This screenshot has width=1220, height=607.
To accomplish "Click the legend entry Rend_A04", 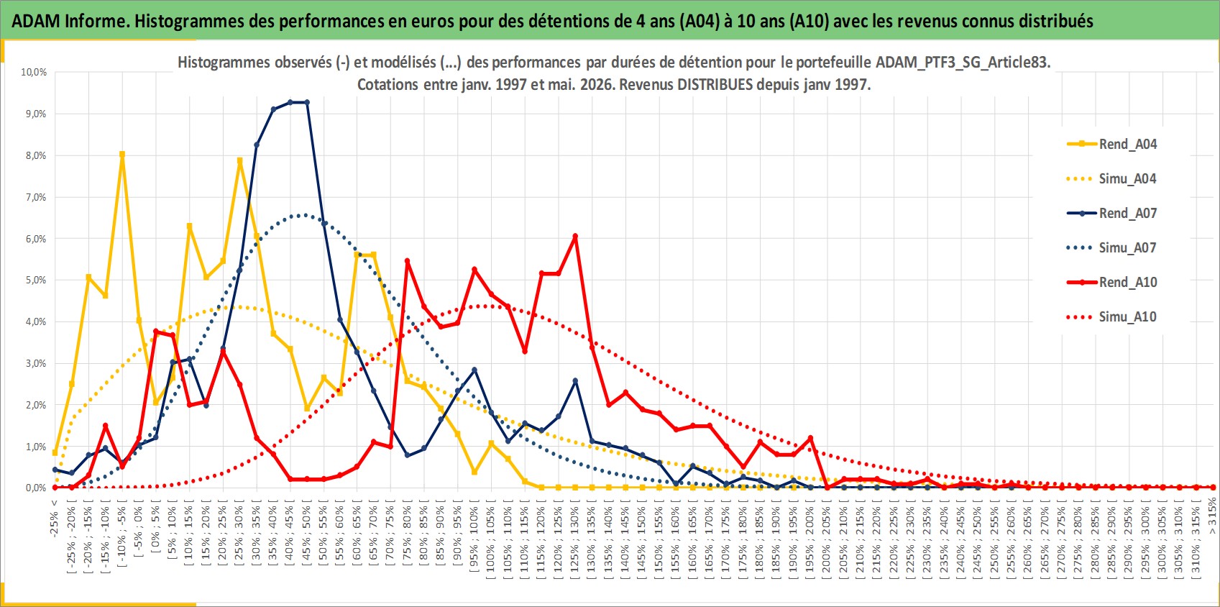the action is [x=1111, y=145].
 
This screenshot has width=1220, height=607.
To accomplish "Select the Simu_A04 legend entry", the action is [x=1111, y=179].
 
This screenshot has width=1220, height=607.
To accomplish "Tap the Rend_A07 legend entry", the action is [x=1111, y=213].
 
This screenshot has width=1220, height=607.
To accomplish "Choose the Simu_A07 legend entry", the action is [x=1111, y=248].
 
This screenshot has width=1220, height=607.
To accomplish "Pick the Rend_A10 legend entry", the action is [x=1111, y=282].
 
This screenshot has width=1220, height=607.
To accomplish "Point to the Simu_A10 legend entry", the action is [x=1111, y=316].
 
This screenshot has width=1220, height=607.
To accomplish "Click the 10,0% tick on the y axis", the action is [x=34, y=72].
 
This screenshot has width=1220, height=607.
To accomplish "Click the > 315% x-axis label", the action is [x=1212, y=514].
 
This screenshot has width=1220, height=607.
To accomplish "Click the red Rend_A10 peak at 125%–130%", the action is [x=575, y=236].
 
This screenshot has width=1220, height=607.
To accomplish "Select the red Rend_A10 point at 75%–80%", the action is [x=408, y=261].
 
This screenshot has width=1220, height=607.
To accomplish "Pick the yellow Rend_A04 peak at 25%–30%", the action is [x=239, y=160].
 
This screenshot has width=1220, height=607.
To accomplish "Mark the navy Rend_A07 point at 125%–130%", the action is [x=575, y=380].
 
